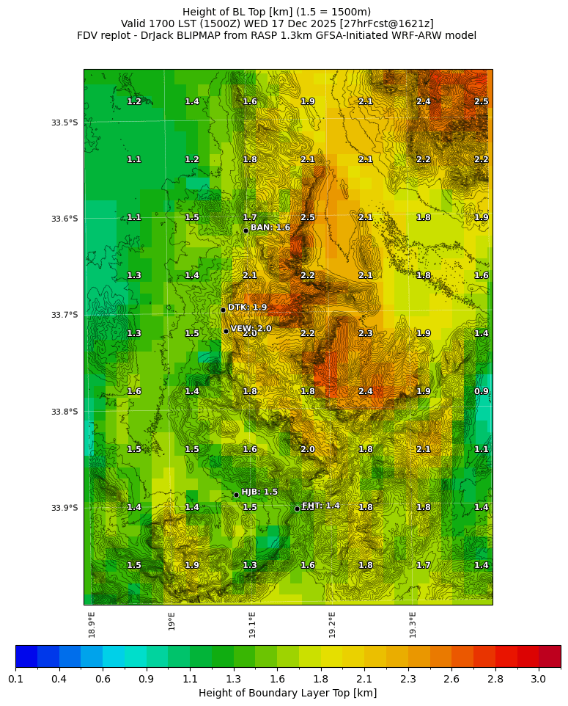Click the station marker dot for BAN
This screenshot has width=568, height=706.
tap(246, 230)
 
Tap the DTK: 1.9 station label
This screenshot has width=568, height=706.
tap(247, 307)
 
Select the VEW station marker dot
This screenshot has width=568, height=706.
tap(226, 331)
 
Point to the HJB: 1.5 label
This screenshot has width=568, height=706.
tap(259, 492)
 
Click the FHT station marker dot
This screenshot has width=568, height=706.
tap(297, 509)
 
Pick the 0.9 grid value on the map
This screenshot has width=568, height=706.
tap(481, 391)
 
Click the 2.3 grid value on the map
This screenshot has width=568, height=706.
tap(366, 333)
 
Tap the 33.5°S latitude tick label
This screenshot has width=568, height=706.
tap(64, 123)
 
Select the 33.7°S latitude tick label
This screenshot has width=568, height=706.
tap(64, 315)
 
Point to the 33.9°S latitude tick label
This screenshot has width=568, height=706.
tap(64, 508)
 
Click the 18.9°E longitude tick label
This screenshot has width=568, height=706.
tap(92, 625)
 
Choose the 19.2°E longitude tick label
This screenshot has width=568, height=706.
tap(332, 625)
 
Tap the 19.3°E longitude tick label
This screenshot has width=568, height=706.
tap(413, 625)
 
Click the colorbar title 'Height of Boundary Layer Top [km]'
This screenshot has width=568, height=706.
tap(287, 693)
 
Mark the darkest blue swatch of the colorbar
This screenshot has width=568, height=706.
tap(26, 656)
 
